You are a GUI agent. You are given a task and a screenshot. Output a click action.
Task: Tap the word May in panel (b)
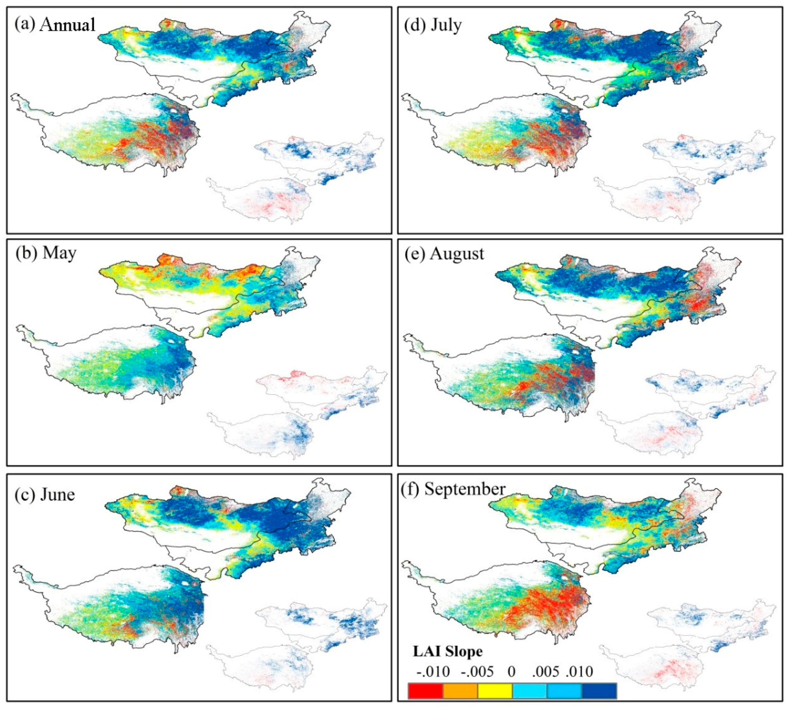tap(59, 253)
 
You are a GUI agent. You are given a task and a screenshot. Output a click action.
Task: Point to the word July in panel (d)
tap(446, 25)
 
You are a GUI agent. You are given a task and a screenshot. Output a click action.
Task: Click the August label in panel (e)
tap(457, 254)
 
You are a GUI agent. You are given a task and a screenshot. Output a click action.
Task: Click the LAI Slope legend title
tap(448, 651)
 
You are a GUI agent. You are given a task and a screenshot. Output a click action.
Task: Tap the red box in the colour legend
tap(425, 691)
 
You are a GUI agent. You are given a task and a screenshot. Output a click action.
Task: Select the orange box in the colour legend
tap(460, 691)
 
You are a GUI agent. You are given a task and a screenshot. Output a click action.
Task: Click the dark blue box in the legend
tap(599, 691)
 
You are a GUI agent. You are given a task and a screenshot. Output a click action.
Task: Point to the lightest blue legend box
tap(529, 691)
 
